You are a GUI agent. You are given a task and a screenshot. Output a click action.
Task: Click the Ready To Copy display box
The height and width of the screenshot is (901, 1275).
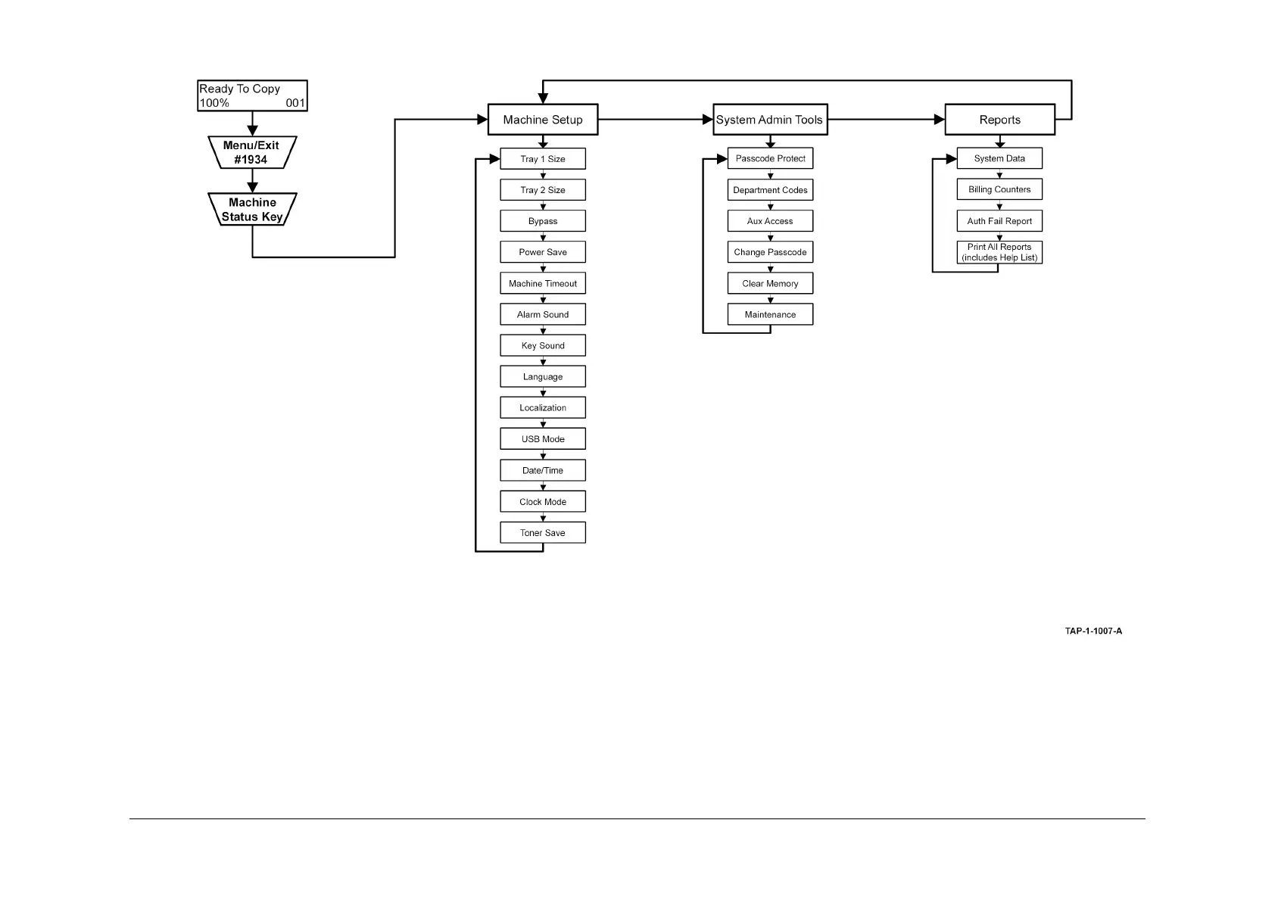[x=252, y=95]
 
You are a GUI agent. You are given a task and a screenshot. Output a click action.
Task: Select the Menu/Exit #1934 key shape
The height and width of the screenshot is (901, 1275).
[x=252, y=152]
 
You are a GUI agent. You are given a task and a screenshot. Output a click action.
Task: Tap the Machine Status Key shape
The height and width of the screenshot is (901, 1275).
[x=252, y=209]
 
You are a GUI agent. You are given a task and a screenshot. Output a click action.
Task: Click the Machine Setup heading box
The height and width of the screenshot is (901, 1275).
[x=543, y=120]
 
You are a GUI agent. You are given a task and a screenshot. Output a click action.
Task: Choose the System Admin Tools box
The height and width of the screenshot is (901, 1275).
[x=770, y=120]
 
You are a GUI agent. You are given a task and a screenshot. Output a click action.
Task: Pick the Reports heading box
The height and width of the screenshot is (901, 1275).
[x=999, y=120]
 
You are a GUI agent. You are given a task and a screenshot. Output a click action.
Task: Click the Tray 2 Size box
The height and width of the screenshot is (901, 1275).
[x=543, y=190]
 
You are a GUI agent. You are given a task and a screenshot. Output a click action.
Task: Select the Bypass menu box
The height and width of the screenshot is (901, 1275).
[x=543, y=221]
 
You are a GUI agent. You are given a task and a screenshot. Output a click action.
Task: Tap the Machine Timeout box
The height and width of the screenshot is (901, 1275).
[x=543, y=283]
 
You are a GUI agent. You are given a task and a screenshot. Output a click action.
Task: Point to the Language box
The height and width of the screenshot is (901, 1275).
[x=543, y=376]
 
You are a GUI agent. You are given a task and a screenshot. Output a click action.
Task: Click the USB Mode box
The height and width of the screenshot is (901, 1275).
[x=543, y=439]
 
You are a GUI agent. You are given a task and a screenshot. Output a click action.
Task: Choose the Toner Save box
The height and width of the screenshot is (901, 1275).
[x=543, y=532]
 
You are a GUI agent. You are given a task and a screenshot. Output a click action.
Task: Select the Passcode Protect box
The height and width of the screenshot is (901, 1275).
[x=770, y=158]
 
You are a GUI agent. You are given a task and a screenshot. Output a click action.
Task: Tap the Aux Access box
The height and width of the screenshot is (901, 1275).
[x=770, y=221]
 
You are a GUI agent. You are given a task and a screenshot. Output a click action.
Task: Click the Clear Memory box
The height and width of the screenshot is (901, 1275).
[x=770, y=283]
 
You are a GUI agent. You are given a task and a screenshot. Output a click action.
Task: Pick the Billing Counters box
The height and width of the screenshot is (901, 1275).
[x=999, y=189]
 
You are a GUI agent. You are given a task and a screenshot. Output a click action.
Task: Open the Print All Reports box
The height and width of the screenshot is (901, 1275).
[x=999, y=252]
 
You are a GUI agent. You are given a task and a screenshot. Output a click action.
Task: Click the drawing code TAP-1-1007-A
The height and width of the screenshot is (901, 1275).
[x=1093, y=631]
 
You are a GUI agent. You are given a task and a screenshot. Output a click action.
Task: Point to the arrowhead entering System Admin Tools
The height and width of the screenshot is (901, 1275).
[x=708, y=120]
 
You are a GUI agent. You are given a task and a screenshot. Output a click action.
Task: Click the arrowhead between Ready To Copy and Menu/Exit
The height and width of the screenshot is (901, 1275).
[x=252, y=131]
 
